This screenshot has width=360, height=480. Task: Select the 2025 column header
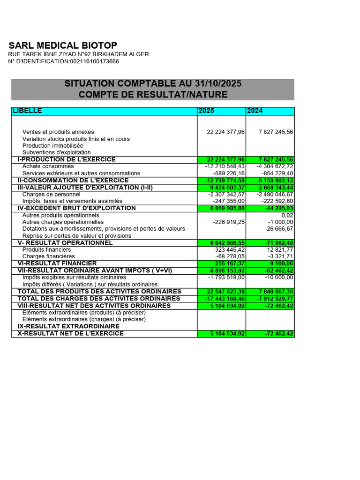[207, 111]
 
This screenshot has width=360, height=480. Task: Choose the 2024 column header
[255, 111]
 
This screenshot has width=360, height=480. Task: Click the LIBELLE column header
[27, 111]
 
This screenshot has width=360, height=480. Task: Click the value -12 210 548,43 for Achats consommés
[225, 166]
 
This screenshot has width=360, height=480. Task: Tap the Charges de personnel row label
[51, 194]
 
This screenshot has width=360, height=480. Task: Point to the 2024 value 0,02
[287, 215]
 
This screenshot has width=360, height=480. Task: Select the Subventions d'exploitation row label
[57, 153]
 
